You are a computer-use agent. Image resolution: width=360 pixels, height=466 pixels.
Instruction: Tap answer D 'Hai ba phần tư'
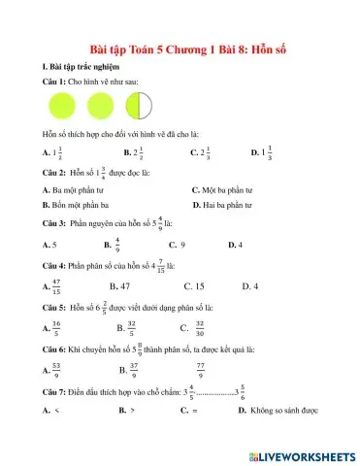[x=228, y=206]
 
